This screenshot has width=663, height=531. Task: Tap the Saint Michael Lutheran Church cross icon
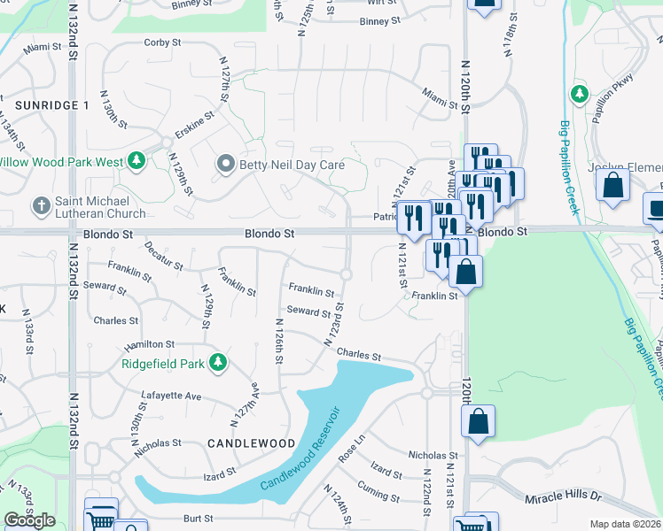click(x=40, y=207)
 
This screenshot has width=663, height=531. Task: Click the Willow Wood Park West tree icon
click(x=136, y=161)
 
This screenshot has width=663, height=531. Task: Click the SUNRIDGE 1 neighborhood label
click(x=52, y=104)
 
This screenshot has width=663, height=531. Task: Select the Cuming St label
click(x=378, y=487)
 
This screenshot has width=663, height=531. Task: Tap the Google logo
click(x=29, y=520)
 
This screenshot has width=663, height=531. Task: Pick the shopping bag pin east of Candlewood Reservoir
click(x=478, y=423)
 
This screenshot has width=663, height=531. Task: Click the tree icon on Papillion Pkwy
click(x=579, y=93)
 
